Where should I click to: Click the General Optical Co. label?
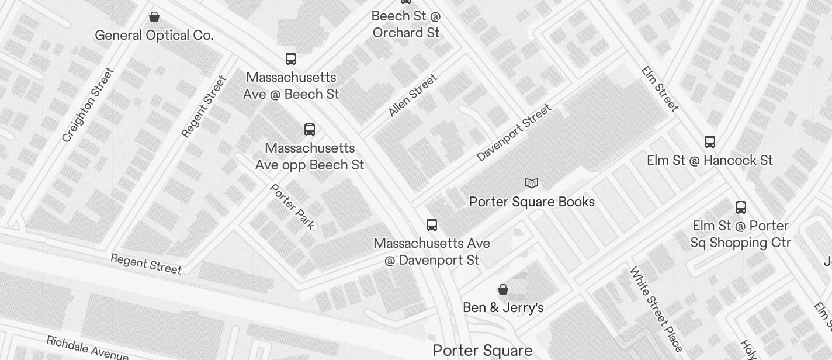154,35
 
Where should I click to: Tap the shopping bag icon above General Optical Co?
154,17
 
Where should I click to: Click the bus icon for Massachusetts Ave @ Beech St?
291,59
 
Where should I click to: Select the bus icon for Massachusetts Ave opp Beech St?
310,130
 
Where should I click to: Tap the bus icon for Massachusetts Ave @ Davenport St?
432,225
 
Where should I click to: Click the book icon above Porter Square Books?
532,184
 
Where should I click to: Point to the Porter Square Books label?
532,202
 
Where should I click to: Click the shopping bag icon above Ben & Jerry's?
503,289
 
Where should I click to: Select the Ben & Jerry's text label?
503,307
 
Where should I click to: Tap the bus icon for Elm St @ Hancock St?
710,142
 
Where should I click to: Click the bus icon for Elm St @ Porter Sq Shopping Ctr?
740,207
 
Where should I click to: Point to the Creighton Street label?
88,105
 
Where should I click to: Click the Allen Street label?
412,95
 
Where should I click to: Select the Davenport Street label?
514,133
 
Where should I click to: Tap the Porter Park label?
292,206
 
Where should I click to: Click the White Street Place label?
656,309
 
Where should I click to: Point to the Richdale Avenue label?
87,348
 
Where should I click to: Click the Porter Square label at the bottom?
483,351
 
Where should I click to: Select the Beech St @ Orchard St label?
406,25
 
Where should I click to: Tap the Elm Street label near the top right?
660,89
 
